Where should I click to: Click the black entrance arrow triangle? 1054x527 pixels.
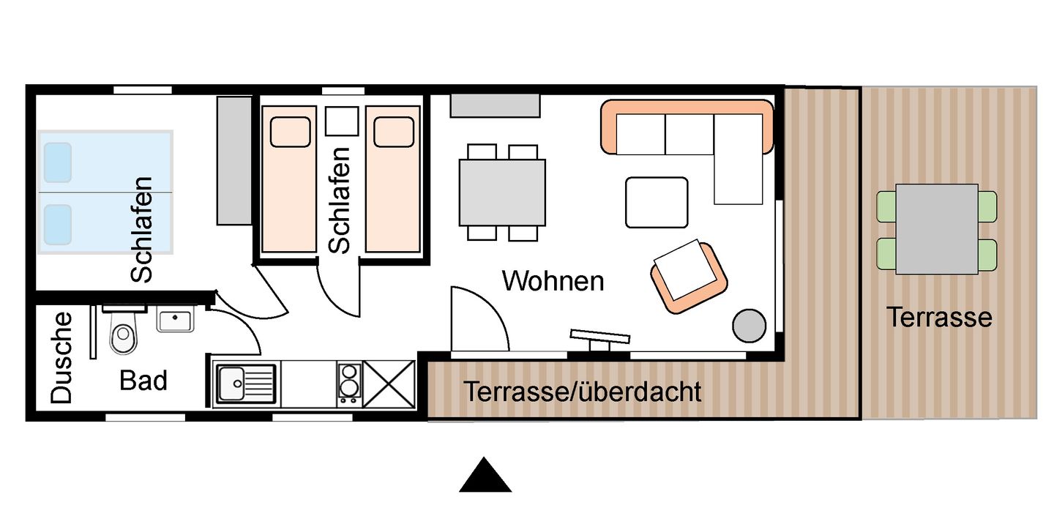click(485, 478)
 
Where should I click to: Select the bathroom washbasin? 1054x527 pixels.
click(175, 321)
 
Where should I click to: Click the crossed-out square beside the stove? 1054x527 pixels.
click(389, 384)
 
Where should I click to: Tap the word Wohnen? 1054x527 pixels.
click(553, 281)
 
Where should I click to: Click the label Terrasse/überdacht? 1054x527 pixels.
click(582, 392)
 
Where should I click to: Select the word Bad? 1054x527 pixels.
click(143, 381)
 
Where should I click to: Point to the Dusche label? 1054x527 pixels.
click(62, 357)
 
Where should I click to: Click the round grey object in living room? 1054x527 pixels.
click(749, 324)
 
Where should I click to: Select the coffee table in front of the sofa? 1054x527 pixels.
click(657, 202)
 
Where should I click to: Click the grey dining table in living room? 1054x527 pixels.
click(502, 193)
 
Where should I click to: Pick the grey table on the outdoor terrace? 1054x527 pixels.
click(936, 229)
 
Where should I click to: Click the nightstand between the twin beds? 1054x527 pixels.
click(341, 122)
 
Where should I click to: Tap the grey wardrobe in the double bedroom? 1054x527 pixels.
click(234, 160)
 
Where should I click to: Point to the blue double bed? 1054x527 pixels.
click(105, 193)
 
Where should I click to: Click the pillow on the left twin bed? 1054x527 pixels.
click(290, 132)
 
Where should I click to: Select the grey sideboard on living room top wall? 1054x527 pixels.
click(494, 105)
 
